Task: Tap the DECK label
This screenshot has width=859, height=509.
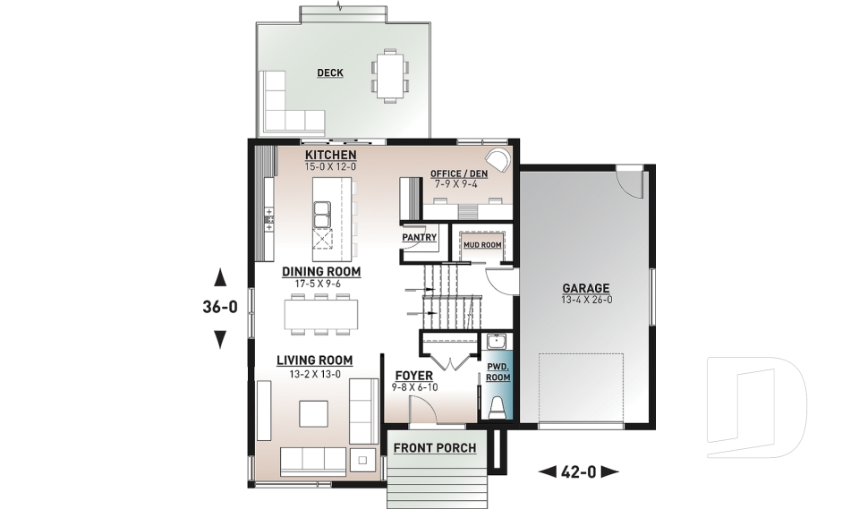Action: pos(330,73)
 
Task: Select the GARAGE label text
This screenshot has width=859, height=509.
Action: pos(585,288)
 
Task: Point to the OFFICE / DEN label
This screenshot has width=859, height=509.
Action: pos(459,174)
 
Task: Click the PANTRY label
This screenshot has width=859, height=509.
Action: pos(419,237)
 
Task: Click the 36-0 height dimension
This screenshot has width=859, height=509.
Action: pos(219,307)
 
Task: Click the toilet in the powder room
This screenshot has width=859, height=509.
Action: pos(497,406)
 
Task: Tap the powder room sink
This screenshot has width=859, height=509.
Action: pos(496,341)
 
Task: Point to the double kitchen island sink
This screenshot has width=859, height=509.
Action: pos(322,214)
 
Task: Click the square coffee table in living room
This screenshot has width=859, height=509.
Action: pos(314,414)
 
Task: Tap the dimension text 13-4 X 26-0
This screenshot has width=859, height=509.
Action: pos(585,300)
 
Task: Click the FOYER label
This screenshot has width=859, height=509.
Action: pos(412,375)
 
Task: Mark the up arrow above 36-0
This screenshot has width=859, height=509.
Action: pos(219,276)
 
